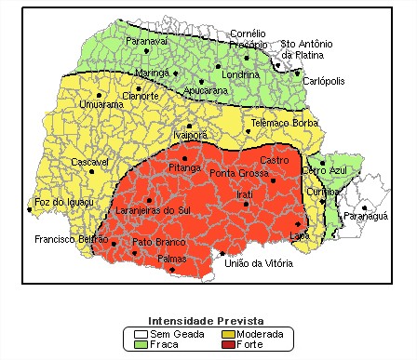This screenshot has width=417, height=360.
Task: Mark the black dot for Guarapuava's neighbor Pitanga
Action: pyautogui.click(x=184, y=158)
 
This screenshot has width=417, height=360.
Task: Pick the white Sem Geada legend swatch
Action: pyautogui.click(x=141, y=333)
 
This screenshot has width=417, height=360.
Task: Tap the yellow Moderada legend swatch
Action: pyautogui.click(x=227, y=333)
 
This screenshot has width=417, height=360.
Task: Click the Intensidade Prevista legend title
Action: pyautogui.click(x=207, y=320)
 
